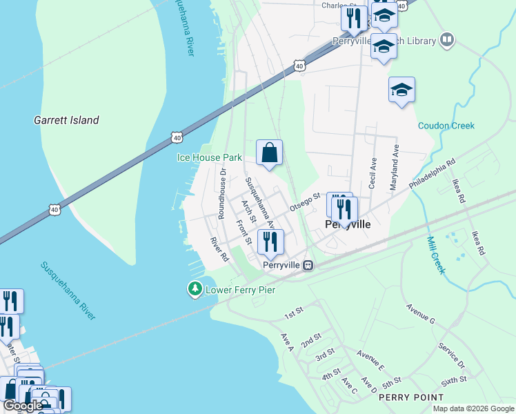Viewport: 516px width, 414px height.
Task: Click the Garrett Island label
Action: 66,120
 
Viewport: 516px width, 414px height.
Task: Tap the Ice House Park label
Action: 210,157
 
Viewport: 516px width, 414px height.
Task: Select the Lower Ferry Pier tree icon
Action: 196,289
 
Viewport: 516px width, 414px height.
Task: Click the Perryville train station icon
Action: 310,265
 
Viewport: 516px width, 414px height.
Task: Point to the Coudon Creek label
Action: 446,126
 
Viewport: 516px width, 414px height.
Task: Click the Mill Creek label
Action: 435,255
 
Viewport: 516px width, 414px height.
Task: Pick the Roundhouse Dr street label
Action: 222,193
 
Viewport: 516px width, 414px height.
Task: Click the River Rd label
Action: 219,249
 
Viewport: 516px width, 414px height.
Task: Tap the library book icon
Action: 447,41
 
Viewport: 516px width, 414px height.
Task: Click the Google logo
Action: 22,406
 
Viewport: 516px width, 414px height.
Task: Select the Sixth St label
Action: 453,379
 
